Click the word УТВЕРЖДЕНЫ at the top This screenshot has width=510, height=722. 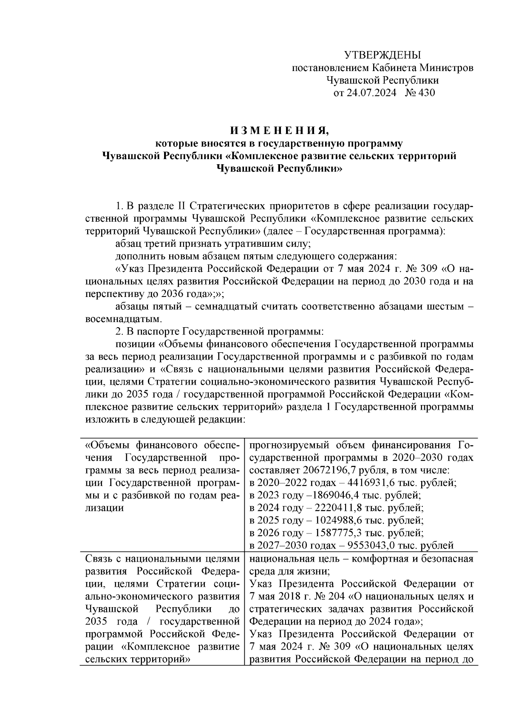coord(382,55)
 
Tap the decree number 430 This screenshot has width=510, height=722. coord(426,93)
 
